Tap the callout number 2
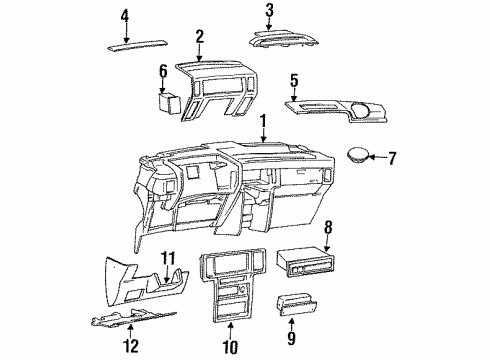(199, 37)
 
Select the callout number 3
(269, 11)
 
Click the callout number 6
(163, 71)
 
